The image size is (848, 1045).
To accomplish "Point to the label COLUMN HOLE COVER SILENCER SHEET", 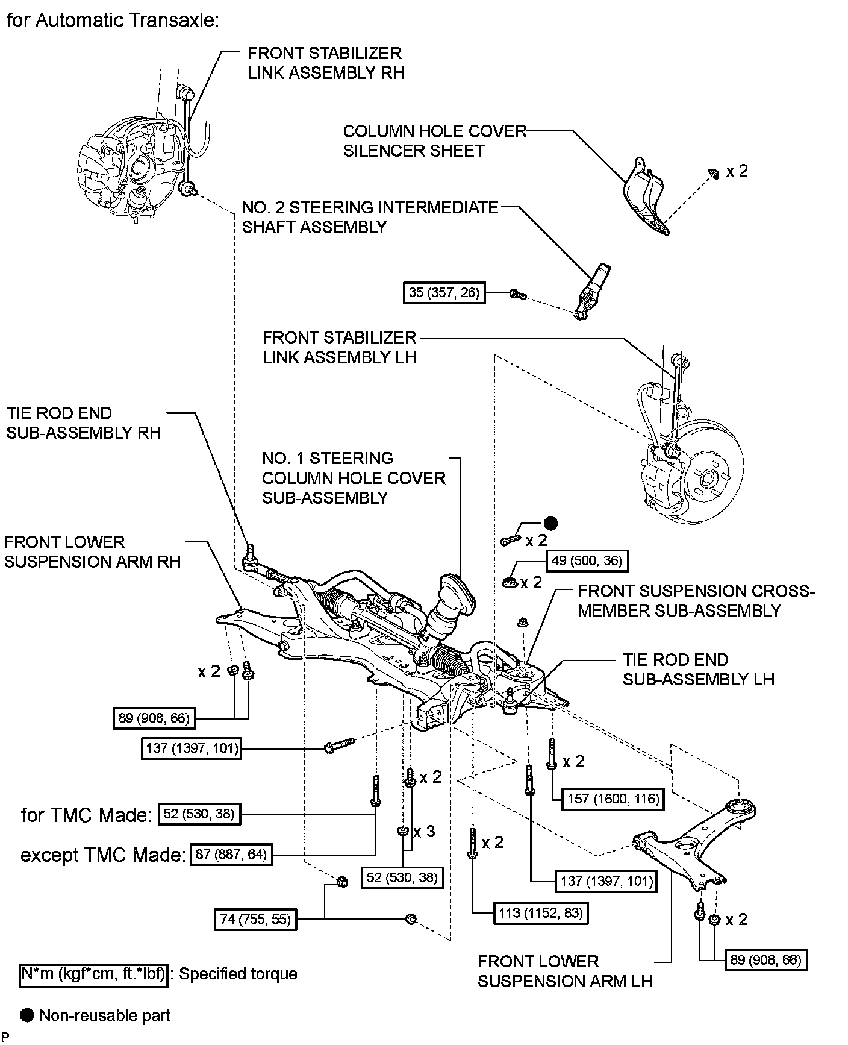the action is tap(435, 140).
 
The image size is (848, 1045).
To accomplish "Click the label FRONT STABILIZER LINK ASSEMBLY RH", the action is tap(325, 63).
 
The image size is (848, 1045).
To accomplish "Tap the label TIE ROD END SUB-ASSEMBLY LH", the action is tap(698, 669).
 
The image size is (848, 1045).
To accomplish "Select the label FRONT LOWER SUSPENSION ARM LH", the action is tap(565, 971).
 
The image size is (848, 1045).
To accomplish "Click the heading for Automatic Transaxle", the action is tap(112, 20).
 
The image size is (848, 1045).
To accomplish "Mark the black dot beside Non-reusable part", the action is tap(27, 1016).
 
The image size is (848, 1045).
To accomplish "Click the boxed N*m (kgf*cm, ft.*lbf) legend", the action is tap(93, 974).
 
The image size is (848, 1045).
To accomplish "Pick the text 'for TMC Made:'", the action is tap(86, 815).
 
